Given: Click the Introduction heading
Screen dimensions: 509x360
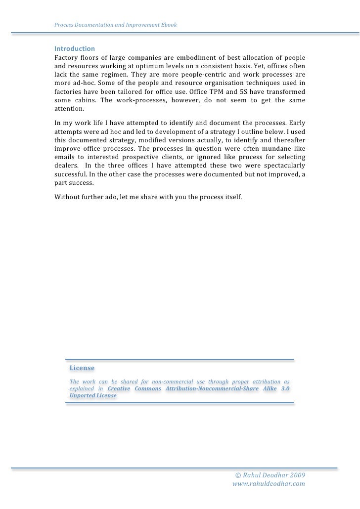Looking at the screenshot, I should pyautogui.click(x=74, y=49).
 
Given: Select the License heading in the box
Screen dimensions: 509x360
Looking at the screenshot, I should pyautogui.click(x=82, y=368).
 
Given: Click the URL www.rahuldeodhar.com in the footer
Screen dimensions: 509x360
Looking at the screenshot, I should pyautogui.click(x=269, y=484).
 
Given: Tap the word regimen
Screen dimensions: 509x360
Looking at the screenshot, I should pyautogui.click(x=112, y=74).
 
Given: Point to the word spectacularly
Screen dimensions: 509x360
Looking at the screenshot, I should pyautogui.click(x=281, y=167).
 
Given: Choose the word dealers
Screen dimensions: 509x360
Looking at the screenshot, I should pyautogui.click(x=66, y=167).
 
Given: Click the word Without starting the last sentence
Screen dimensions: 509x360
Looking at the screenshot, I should pyautogui.click(x=68, y=197).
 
